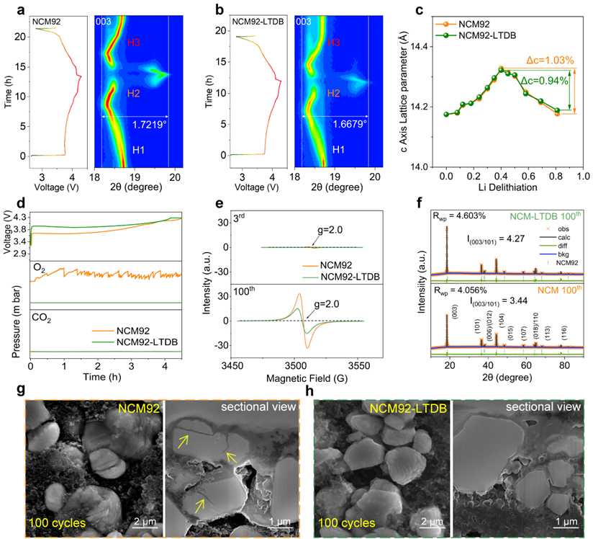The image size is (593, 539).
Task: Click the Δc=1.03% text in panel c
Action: (540, 63)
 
